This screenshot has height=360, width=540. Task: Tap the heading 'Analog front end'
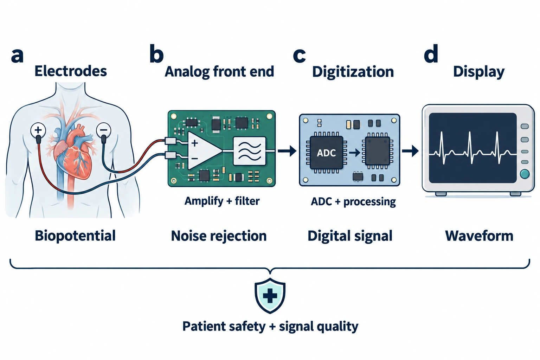pos(219,72)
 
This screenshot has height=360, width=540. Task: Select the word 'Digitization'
pos(353,72)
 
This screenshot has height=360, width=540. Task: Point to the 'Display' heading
pos(479,72)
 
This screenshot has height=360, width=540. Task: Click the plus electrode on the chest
pos(38,130)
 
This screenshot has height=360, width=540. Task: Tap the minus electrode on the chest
pos(104,130)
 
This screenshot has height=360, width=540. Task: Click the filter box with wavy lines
pos(250,151)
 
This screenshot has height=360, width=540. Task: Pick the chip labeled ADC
pos(326,153)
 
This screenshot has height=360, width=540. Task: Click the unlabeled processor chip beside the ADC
pos(378,151)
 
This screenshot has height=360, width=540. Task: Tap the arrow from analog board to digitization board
pos(287,151)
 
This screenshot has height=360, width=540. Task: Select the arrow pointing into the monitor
pos(410,151)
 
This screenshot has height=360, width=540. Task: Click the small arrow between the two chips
pos(355,152)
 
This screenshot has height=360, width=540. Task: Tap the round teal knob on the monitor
pos(525,174)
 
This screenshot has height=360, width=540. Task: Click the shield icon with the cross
pos(270,296)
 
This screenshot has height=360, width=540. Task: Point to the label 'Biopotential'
pos(75,236)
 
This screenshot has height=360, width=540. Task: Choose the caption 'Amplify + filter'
pos(222,201)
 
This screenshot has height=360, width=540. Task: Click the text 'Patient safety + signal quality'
pos(270,327)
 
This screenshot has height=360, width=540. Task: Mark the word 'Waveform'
pos(479,236)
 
